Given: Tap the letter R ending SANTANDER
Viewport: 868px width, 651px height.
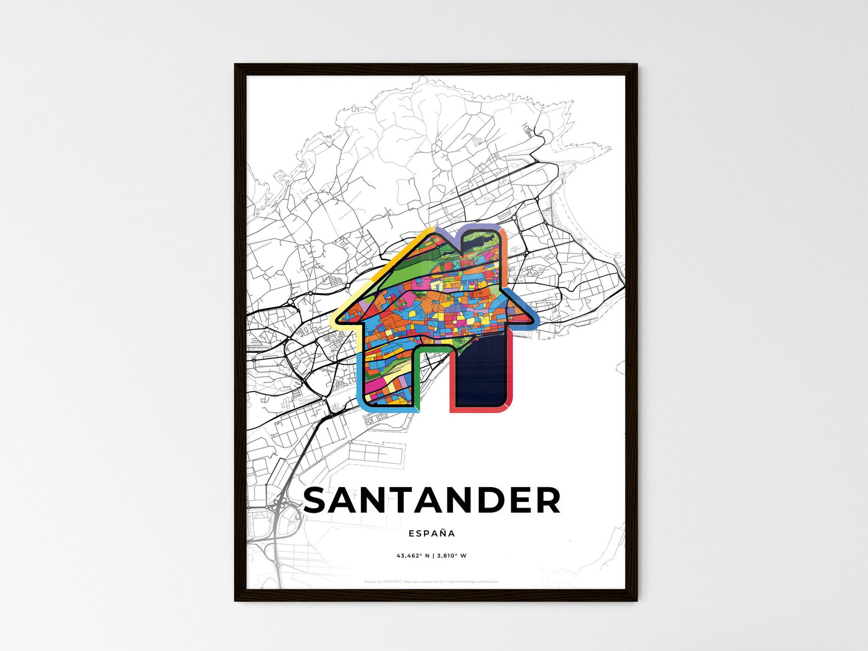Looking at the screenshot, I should [x=547, y=500].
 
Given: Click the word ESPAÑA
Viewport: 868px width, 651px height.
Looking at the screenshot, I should [x=432, y=533].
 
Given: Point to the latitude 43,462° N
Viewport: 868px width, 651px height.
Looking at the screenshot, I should [x=413, y=556].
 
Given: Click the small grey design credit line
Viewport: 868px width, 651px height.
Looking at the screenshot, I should [x=431, y=581].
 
